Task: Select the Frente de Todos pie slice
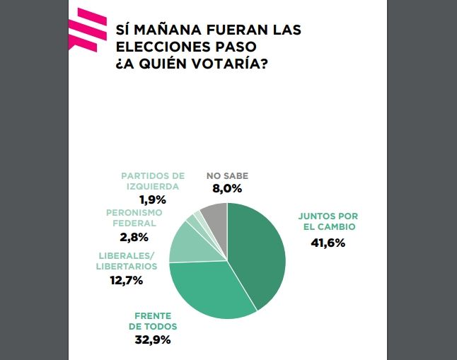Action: pyautogui.click(x=212, y=290)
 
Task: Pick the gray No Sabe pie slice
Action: pyautogui.click(x=215, y=215)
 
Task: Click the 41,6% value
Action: pyautogui.click(x=328, y=243)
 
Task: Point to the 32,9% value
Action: pyautogui.click(x=154, y=339)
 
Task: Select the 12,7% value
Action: pyautogui.click(x=126, y=280)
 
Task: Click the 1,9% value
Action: pyautogui.click(x=151, y=200)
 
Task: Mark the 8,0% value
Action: pyautogui.click(x=226, y=189)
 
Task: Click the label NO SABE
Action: pyautogui.click(x=227, y=176)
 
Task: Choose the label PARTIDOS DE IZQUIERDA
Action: pyautogui.click(x=153, y=181)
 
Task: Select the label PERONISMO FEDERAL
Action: pyautogui.click(x=134, y=218)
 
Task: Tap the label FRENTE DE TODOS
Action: pyautogui.click(x=153, y=321)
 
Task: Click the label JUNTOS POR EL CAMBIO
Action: pyautogui.click(x=327, y=221)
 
